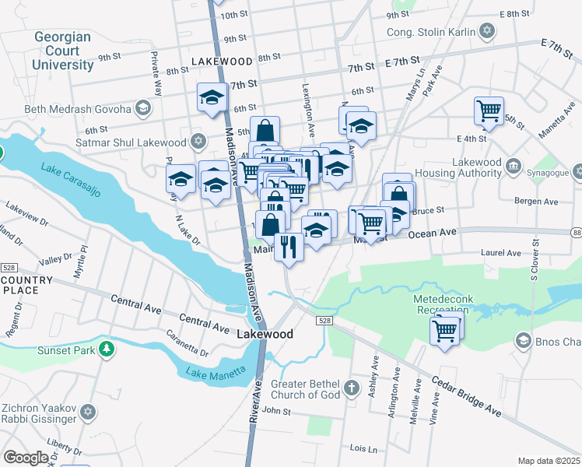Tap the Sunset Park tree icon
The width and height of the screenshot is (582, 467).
(107, 349)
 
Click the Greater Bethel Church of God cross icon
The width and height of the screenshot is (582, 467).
(352, 387)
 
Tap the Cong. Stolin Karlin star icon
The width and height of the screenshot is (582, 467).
(487, 32)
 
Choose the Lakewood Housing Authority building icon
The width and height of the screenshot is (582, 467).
(514, 165)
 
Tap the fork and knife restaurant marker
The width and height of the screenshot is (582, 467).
(289, 247)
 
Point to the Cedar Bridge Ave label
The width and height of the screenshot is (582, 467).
(465, 395)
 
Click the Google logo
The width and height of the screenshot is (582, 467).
(26, 458)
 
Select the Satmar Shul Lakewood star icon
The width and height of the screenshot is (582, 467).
(198, 142)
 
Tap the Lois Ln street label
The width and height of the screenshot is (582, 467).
(363, 449)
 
